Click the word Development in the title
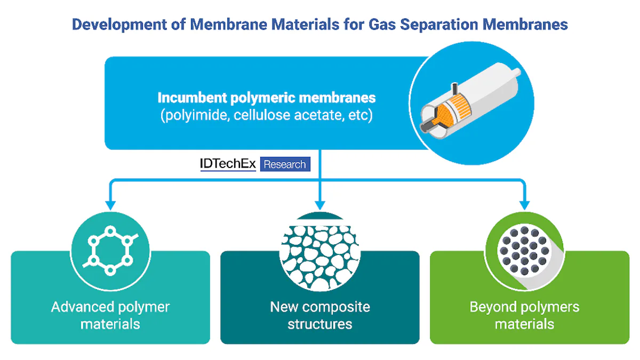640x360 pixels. click(x=119, y=25)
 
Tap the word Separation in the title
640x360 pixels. click(x=439, y=25)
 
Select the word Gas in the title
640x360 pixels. click(x=382, y=25)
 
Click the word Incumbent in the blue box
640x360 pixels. click(x=193, y=98)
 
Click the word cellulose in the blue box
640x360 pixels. click(x=262, y=115)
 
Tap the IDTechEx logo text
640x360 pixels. click(x=228, y=164)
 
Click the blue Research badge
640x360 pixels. click(x=285, y=164)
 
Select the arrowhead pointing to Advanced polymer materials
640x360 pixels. click(x=110, y=205)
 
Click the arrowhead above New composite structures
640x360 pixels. click(x=320, y=205)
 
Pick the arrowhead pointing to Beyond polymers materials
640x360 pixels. click(x=525, y=205)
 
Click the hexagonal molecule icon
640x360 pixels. click(x=110, y=251)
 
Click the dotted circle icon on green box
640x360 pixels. click(x=525, y=251)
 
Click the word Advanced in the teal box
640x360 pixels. click(x=83, y=307)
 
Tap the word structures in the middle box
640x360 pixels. click(x=320, y=324)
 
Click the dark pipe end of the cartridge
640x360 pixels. click(x=427, y=126)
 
